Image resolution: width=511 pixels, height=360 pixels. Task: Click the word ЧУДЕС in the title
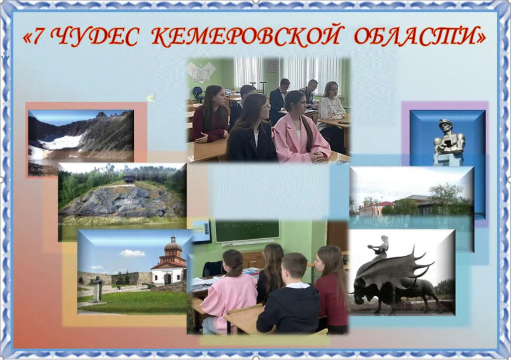point(95,36)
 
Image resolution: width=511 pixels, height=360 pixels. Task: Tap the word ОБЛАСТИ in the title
point(414,35)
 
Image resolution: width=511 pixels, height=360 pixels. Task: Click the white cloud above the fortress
point(132,253)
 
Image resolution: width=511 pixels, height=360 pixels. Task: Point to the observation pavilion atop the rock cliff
point(130,179)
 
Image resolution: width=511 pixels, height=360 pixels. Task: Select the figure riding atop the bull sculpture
point(382,247)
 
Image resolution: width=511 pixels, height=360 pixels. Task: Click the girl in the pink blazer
point(300,128)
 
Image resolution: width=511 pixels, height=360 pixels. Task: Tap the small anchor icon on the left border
point(5,56)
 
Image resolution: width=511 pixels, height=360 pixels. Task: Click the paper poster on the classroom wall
point(201,72)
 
